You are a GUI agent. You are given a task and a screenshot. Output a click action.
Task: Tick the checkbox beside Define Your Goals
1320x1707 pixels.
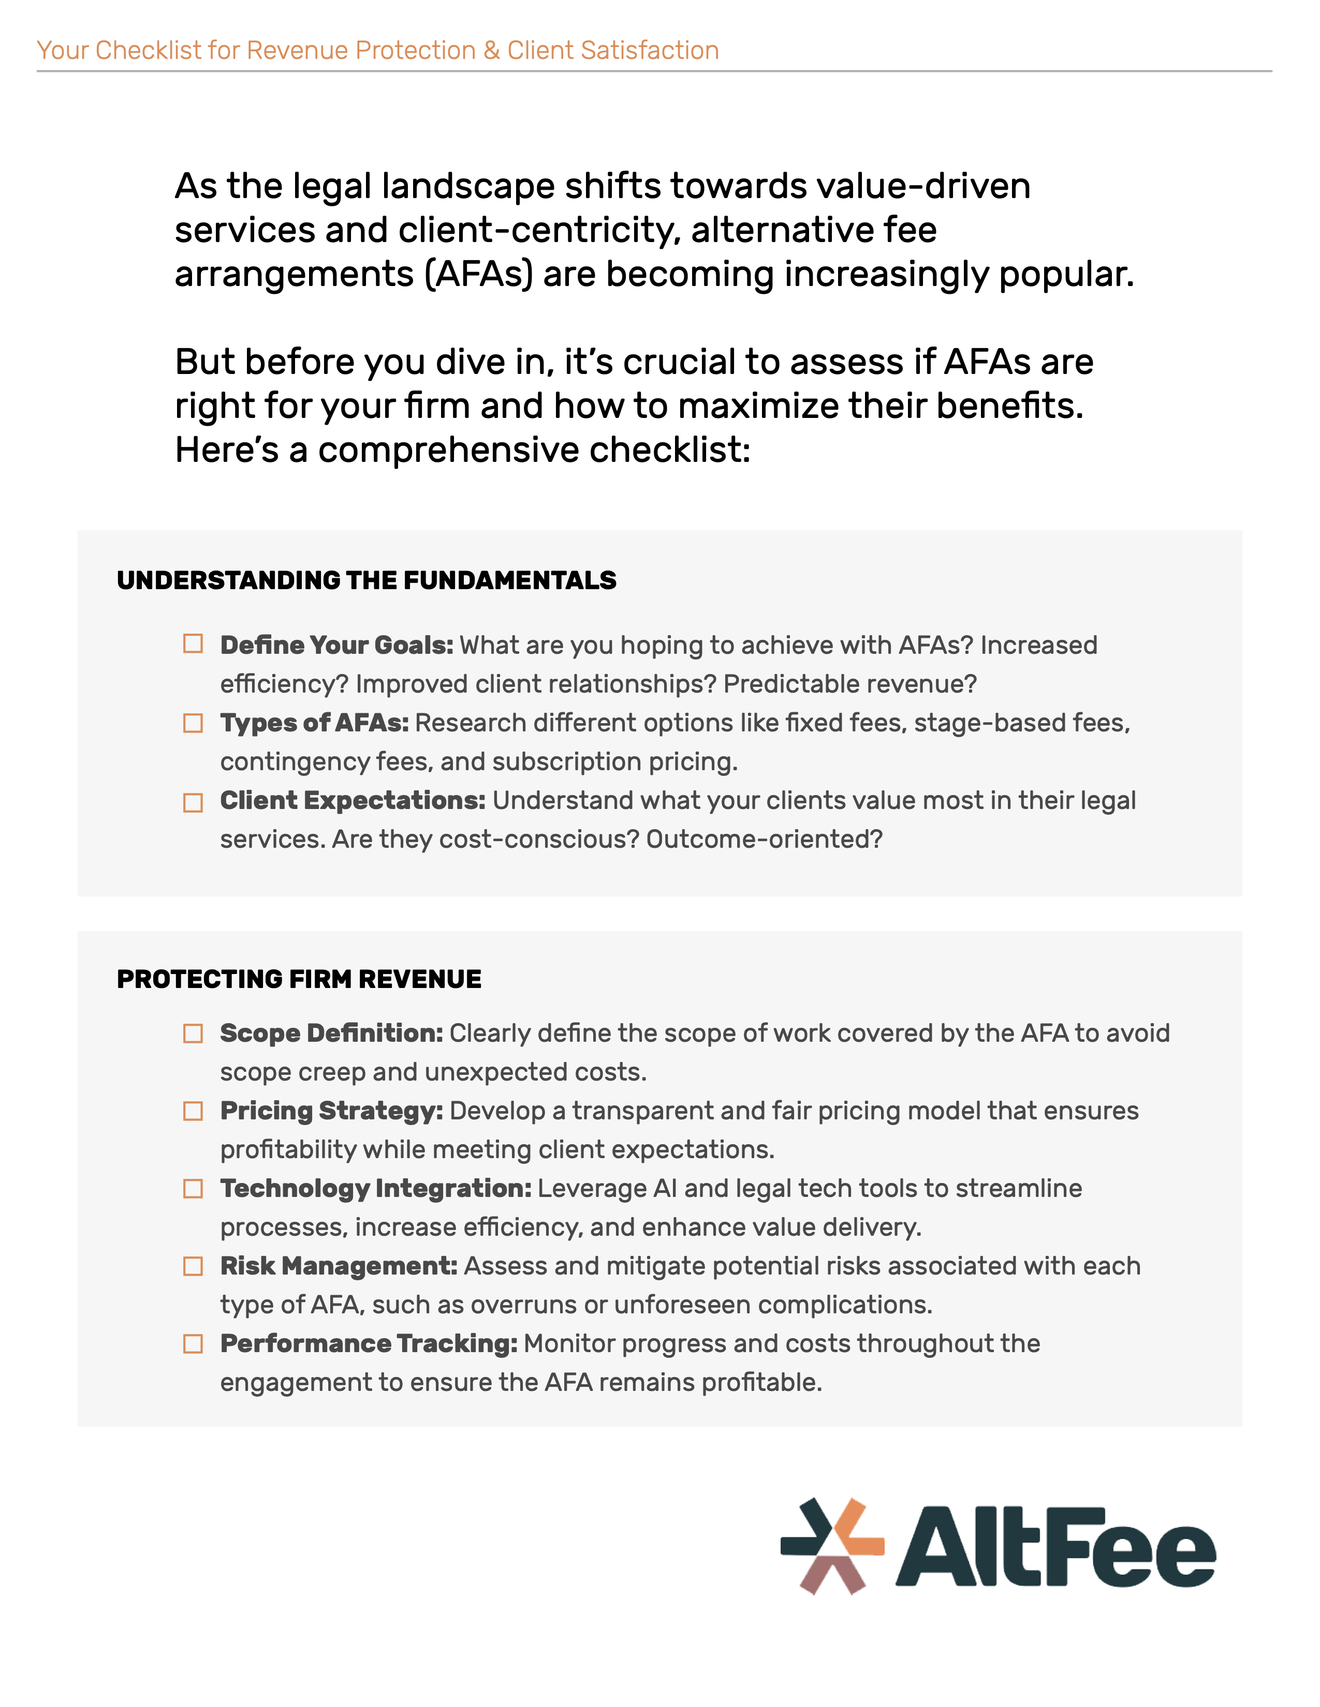[193, 643]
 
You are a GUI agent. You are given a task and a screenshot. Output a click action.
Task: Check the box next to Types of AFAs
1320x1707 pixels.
[193, 723]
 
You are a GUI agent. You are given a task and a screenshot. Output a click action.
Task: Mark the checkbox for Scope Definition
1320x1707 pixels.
[193, 1034]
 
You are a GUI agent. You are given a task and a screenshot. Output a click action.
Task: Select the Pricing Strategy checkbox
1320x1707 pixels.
[193, 1111]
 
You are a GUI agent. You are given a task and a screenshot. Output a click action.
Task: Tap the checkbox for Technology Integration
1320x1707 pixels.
[193, 1189]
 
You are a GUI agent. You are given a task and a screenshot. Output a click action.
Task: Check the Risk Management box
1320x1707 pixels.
[193, 1266]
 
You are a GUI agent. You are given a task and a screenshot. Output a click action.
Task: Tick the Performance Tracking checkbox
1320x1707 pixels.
[193, 1343]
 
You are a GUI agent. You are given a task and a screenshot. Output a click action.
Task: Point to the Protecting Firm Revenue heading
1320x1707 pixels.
[299, 979]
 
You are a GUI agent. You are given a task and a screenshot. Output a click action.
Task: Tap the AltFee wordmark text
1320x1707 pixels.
[1055, 1549]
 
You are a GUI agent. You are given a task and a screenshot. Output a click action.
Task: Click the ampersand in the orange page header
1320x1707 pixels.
[491, 50]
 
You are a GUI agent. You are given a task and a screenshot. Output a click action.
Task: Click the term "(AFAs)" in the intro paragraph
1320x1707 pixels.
[479, 274]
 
